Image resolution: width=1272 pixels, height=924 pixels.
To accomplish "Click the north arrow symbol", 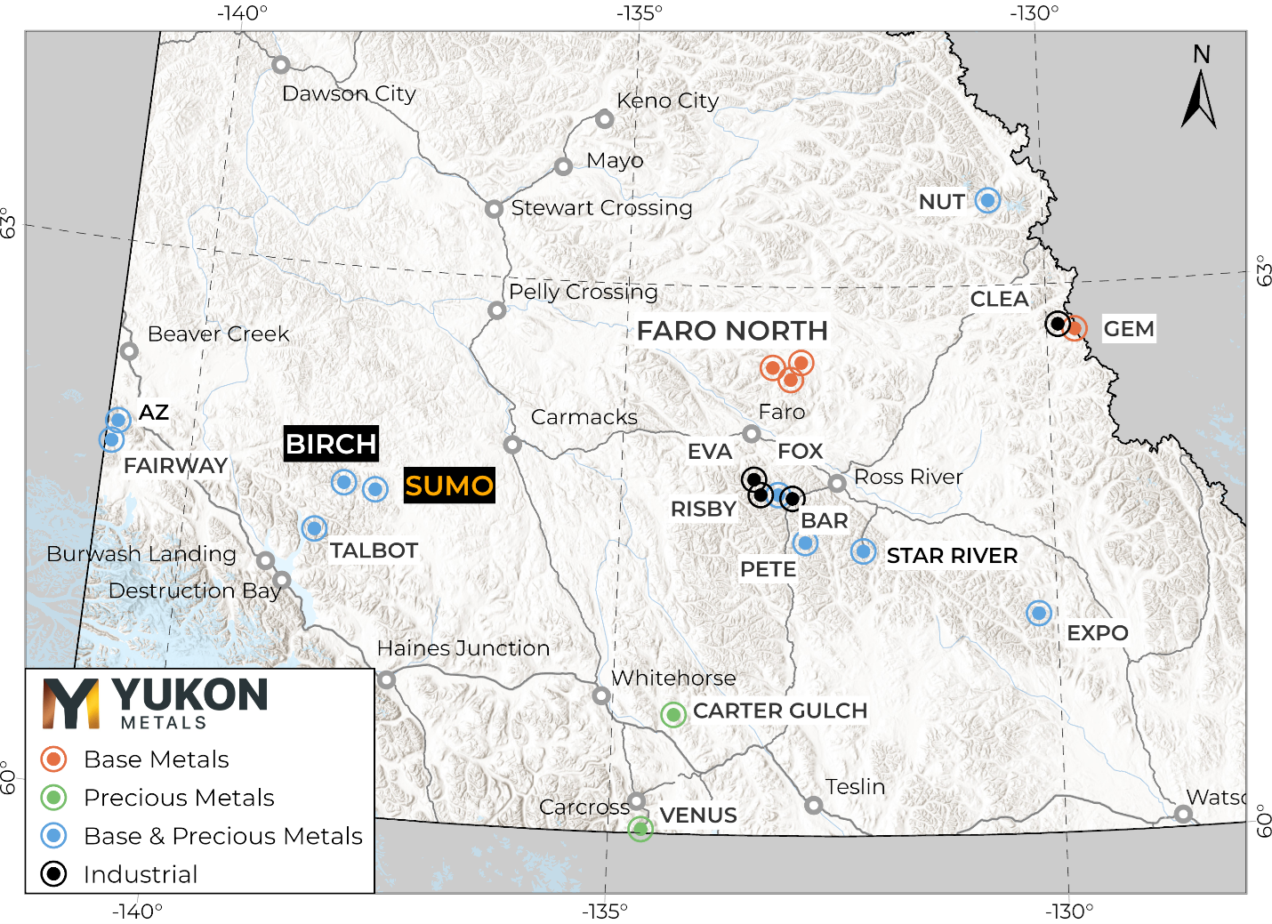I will click(1199, 98).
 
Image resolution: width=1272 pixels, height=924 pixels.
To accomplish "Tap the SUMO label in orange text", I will click(449, 486).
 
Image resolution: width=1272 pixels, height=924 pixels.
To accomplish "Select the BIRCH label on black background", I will click(331, 443).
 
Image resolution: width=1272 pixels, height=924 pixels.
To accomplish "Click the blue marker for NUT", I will click(987, 200).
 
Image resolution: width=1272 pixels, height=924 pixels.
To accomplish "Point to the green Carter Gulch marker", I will click(673, 713).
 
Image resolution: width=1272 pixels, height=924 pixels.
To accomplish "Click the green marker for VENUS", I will click(640, 828).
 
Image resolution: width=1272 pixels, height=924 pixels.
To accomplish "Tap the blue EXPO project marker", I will click(1038, 613).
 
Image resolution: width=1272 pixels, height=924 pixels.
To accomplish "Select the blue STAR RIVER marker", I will click(863, 551).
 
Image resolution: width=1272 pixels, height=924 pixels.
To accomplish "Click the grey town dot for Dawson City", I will click(280, 64).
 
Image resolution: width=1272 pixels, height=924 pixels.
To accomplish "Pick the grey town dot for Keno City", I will click(605, 118).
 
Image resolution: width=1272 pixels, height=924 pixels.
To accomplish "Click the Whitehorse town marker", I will click(601, 695).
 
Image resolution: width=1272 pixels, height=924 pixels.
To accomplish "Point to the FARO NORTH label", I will click(732, 331).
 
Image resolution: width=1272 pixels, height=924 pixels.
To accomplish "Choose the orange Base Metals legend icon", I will click(54, 759).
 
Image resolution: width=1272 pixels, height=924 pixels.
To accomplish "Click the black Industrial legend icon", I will click(54, 874).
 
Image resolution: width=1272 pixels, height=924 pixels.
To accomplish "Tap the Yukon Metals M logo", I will click(71, 703).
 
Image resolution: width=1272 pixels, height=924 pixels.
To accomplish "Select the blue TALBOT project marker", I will click(313, 528).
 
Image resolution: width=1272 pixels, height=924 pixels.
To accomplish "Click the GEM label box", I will click(1128, 329).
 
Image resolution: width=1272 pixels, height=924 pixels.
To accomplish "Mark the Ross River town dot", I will click(837, 483).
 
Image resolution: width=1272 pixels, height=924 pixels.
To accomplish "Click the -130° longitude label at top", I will click(1034, 13).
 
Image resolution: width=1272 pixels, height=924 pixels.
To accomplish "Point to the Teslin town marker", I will click(813, 805).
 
